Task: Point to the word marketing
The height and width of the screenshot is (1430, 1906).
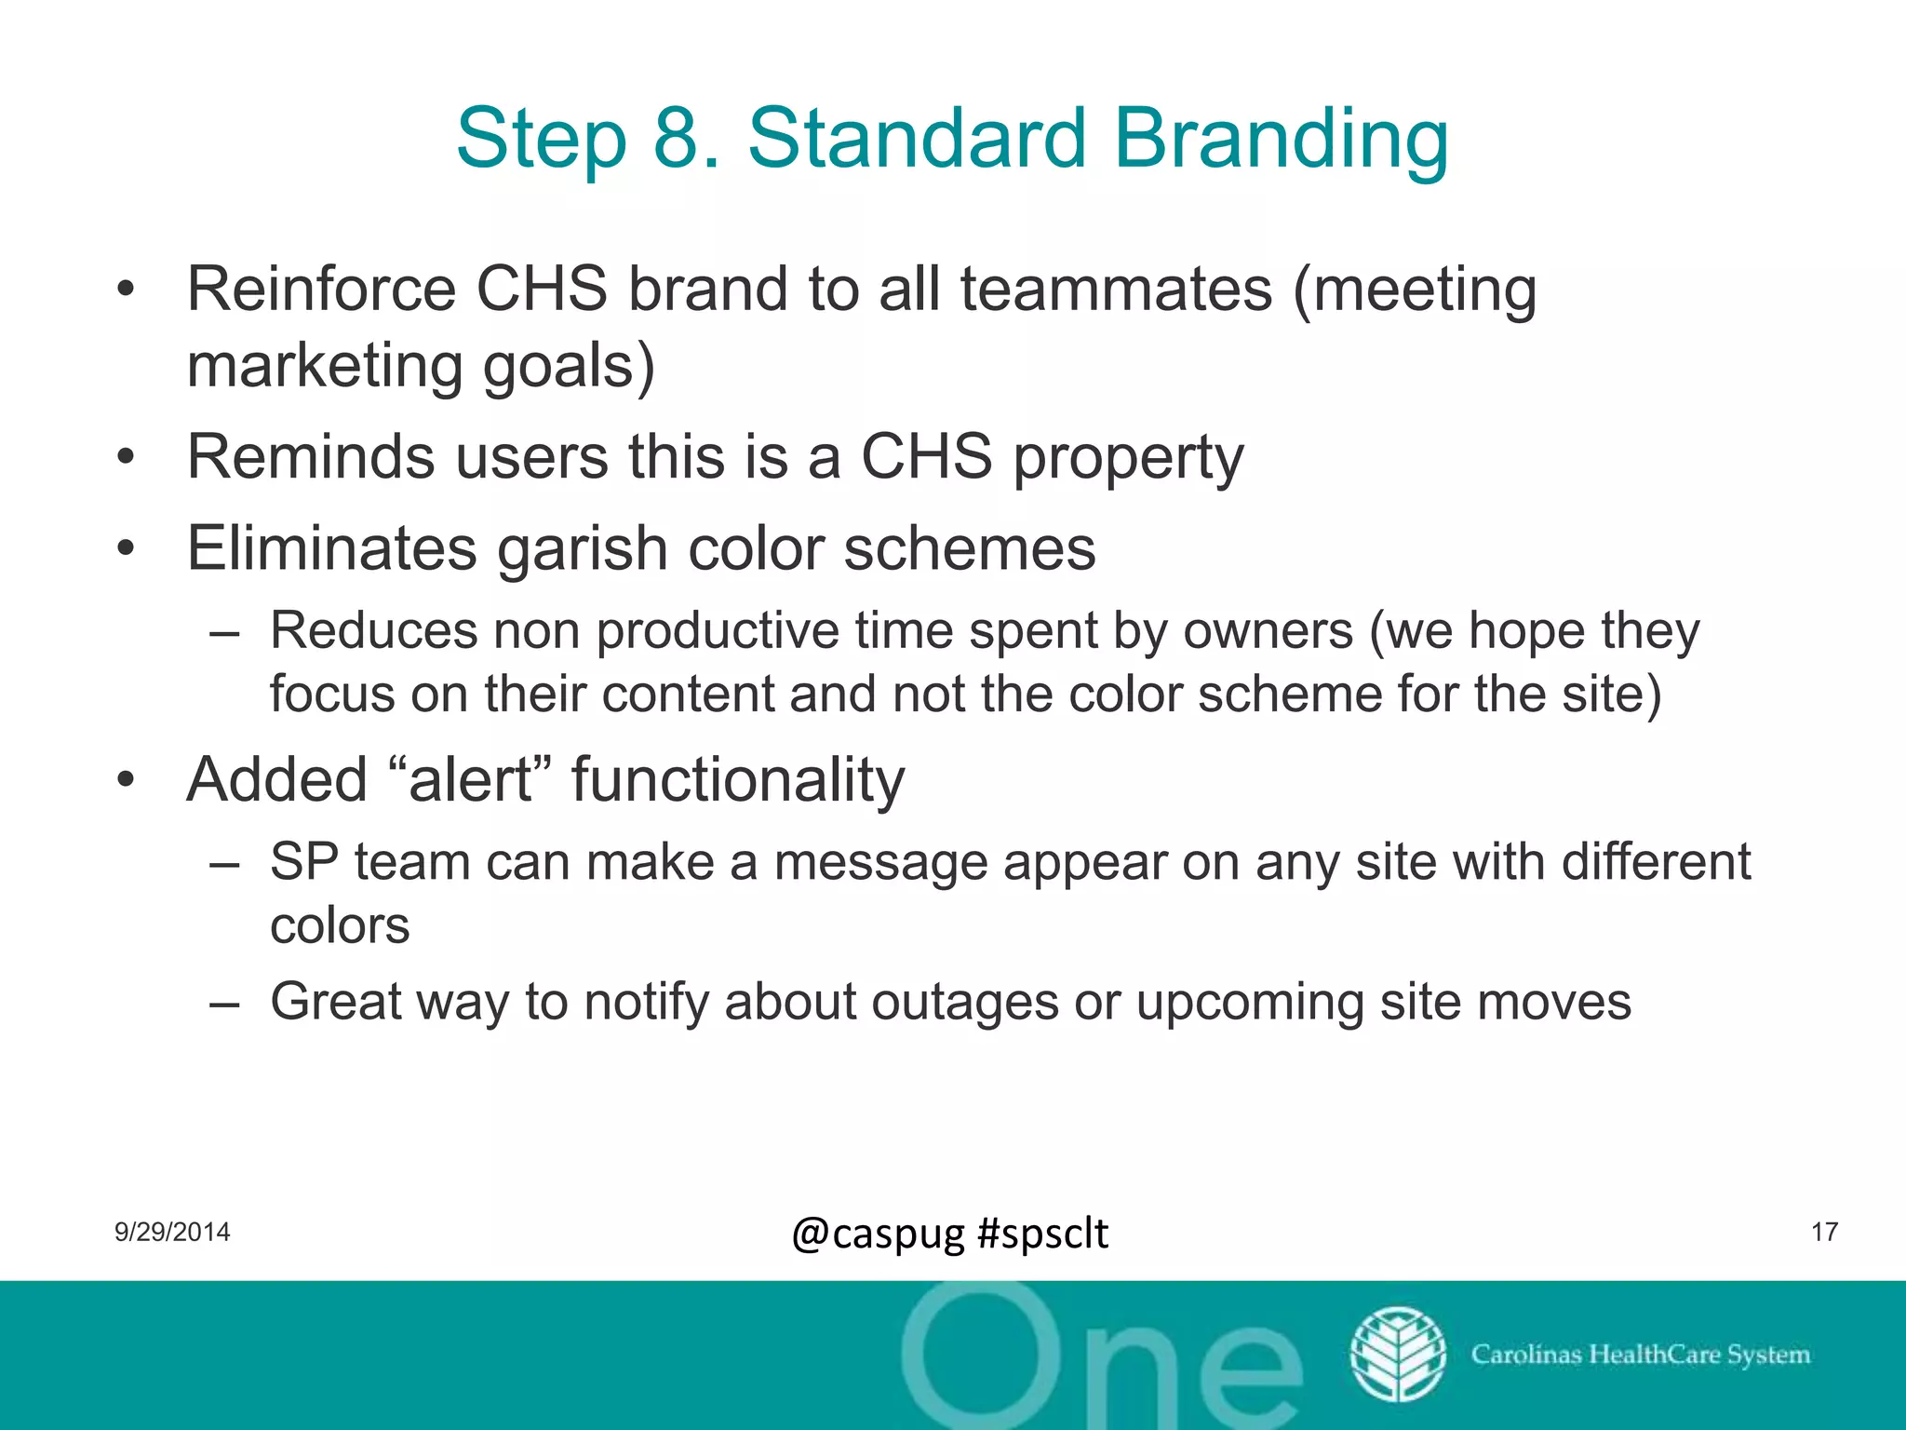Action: tap(325, 366)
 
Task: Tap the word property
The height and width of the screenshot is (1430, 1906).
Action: tap(1127, 459)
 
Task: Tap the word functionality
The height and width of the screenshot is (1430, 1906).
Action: tap(737, 780)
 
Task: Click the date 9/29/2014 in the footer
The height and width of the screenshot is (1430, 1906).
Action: tap(172, 1233)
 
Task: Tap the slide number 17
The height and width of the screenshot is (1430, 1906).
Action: tap(1824, 1233)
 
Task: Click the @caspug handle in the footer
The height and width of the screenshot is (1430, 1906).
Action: tap(878, 1234)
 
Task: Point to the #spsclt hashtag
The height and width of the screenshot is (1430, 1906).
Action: tap(1042, 1234)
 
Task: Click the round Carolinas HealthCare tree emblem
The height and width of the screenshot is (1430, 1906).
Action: tap(1398, 1355)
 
